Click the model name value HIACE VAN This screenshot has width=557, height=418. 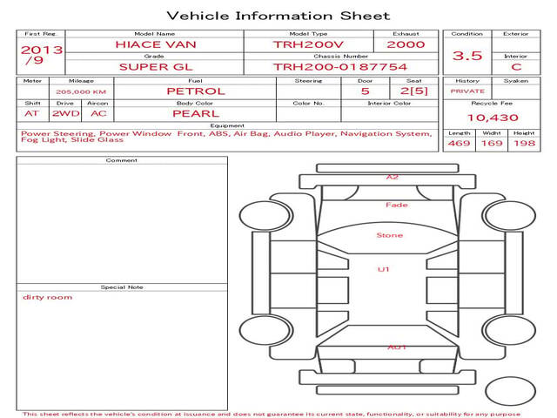(x=156, y=44)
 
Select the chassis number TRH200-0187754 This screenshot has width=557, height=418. (x=340, y=67)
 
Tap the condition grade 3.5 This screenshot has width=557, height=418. (x=467, y=56)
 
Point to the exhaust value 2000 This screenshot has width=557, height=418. (x=406, y=44)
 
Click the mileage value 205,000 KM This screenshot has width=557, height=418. (x=81, y=92)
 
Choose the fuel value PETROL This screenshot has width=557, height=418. (x=196, y=91)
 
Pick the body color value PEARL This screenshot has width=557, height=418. (x=196, y=114)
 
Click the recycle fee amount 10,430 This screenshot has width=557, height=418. (x=493, y=118)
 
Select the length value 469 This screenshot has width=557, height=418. (x=459, y=143)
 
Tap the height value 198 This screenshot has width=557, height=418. (x=524, y=143)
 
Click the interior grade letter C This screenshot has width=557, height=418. (x=516, y=67)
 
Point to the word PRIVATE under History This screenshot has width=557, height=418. (x=467, y=91)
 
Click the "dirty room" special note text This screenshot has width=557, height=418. (x=47, y=297)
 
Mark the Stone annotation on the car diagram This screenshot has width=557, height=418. (x=390, y=235)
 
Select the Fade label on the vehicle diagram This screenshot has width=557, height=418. (x=397, y=206)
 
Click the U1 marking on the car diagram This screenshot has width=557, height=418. (x=383, y=269)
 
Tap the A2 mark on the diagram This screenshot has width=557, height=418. (x=393, y=177)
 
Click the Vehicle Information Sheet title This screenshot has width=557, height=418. (x=278, y=16)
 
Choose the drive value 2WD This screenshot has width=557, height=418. (x=66, y=114)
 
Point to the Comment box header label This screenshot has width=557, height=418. (x=122, y=160)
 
